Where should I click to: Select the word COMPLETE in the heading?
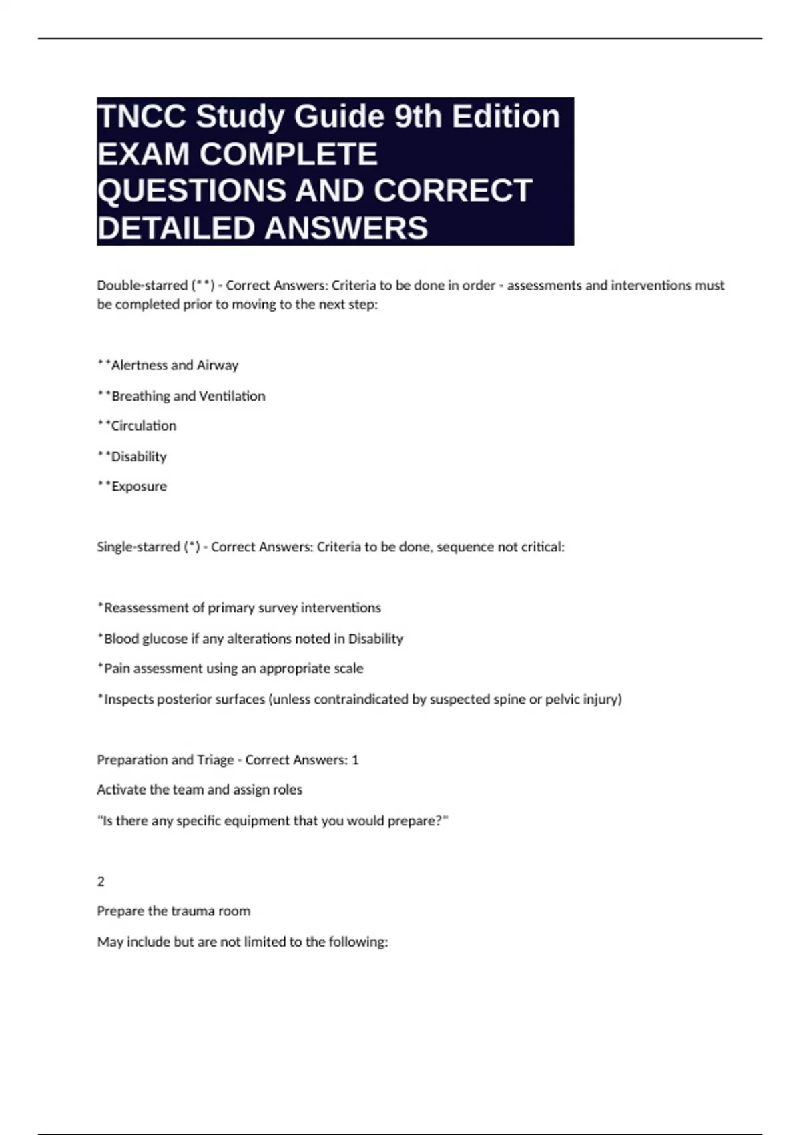(288, 154)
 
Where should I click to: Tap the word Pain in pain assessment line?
(114, 668)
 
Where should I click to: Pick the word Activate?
(119, 790)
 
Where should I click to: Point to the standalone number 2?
(101, 882)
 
